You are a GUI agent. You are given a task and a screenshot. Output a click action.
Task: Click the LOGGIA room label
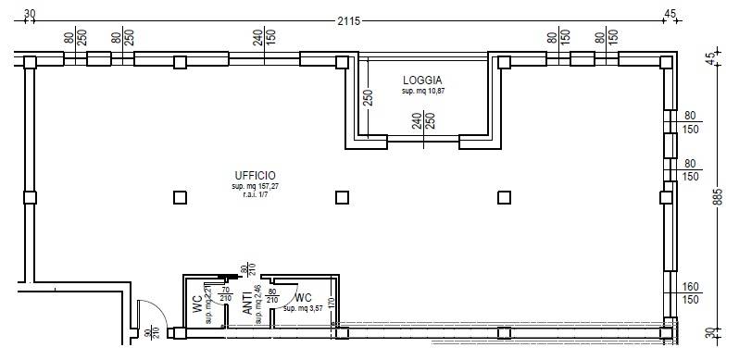point(422,81)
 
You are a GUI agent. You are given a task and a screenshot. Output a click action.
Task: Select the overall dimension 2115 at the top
point(348,20)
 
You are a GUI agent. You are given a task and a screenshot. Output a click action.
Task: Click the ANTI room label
point(247,306)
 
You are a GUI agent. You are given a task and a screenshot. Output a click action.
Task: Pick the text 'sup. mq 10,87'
point(422,93)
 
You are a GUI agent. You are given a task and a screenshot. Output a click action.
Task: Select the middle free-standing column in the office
point(342,197)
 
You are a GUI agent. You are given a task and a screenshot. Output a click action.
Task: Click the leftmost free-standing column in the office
point(180,197)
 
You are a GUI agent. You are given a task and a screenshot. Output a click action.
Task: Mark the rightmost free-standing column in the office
point(504,197)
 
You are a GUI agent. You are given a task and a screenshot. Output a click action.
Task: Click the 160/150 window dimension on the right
point(690,293)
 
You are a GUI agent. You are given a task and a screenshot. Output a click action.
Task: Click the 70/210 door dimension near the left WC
point(226,294)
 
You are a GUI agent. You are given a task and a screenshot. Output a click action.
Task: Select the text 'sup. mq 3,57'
point(305,307)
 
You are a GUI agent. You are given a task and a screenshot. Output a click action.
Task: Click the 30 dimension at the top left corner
point(30,14)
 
